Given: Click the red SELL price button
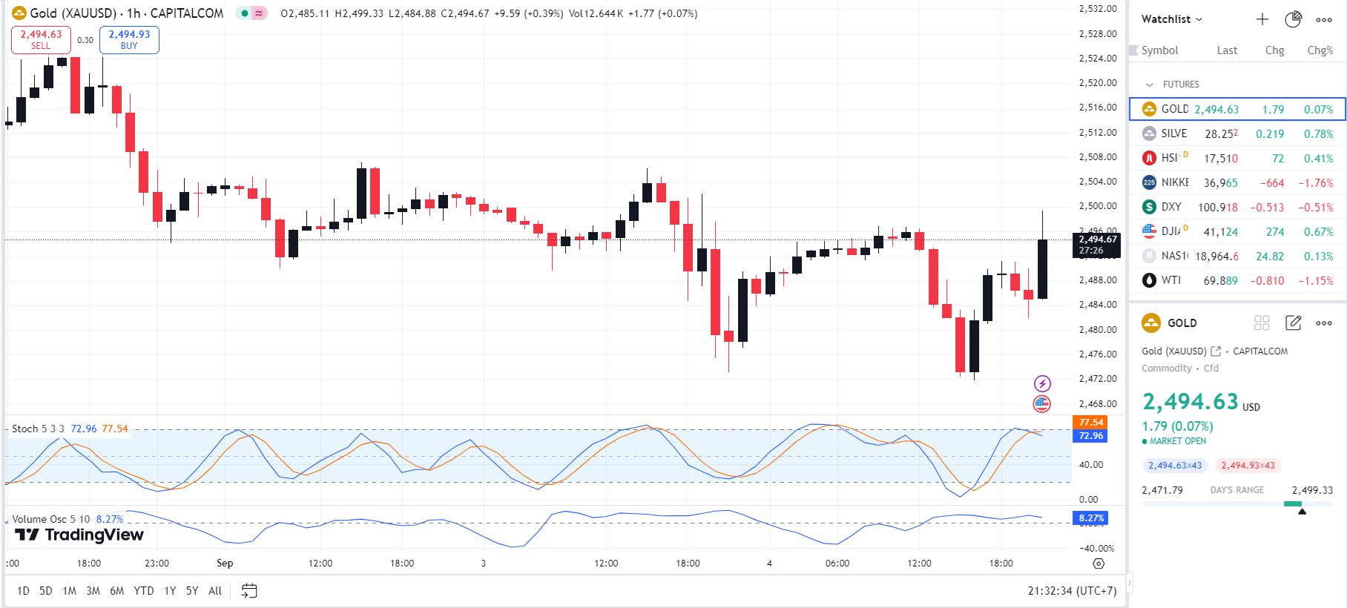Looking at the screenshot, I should click(x=41, y=39).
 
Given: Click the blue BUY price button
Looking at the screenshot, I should click(x=129, y=39).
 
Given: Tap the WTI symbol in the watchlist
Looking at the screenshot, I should click(x=1171, y=280).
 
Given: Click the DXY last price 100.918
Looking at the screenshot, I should click(x=1217, y=208).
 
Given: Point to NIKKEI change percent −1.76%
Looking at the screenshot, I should click(x=1315, y=183).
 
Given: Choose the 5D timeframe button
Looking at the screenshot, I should click(x=46, y=591).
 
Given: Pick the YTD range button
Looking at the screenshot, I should click(x=144, y=591).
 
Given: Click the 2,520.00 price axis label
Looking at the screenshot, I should click(x=1097, y=83).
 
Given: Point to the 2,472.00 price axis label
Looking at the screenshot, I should click(x=1097, y=379).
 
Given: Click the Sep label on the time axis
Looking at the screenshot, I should click(x=225, y=564).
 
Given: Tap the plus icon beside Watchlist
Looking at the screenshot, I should click(x=1262, y=19).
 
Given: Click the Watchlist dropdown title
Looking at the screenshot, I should click(x=1171, y=19).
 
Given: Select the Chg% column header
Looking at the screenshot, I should click(x=1320, y=50).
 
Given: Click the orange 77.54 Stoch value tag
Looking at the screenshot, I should click(x=1090, y=423).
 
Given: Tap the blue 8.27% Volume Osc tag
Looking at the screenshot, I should click(x=1090, y=518).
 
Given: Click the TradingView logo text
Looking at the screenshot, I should click(x=79, y=535).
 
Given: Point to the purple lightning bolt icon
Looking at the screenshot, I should click(x=1042, y=383).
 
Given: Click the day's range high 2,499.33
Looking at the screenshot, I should click(x=1311, y=490).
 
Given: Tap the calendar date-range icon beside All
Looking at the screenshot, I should click(x=249, y=591).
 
